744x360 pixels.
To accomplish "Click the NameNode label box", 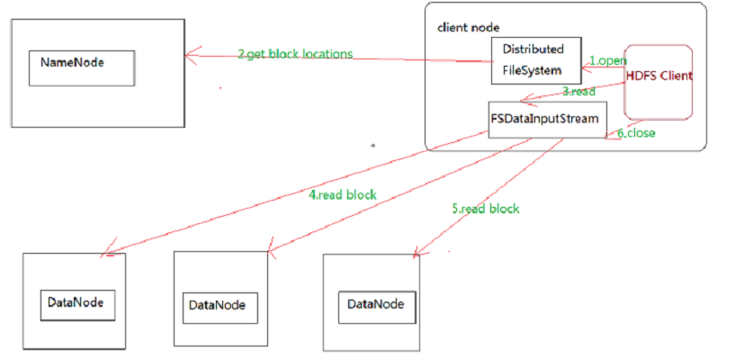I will (x=81, y=67).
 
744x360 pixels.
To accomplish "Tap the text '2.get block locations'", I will (x=295, y=54).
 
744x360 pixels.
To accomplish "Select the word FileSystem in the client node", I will (x=531, y=69).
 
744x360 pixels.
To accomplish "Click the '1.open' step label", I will (x=607, y=60).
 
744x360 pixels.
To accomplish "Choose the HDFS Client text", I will (x=659, y=76).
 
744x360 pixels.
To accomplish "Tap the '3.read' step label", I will (x=578, y=91).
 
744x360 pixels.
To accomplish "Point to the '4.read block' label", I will (x=342, y=193).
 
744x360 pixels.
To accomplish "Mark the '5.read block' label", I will (x=485, y=208).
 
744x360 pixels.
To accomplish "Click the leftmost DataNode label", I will (x=77, y=302).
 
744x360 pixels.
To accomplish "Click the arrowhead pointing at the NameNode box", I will (x=188, y=55).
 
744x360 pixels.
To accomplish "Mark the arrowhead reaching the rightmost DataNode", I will (x=416, y=256).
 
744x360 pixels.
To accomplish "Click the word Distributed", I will (x=533, y=49).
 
